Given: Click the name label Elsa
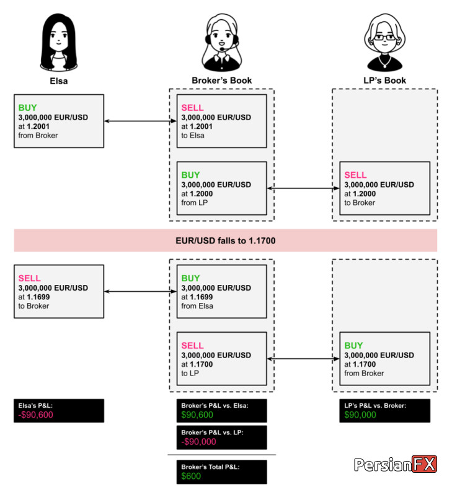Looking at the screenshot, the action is (x=59, y=81).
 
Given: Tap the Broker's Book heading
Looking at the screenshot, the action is (x=221, y=81).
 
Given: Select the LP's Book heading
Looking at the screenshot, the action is (x=385, y=81).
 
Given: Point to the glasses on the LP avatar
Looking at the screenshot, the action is (x=385, y=37).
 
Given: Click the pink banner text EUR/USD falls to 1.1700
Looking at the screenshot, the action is (x=225, y=240).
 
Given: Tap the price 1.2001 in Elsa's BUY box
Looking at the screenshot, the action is (x=38, y=126).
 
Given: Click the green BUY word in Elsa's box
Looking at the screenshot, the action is (x=27, y=108).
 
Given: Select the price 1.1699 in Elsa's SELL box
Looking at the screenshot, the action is (x=38, y=297).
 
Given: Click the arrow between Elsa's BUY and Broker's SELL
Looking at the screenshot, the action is (x=140, y=121).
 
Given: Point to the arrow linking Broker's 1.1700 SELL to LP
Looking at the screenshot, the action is (x=303, y=359).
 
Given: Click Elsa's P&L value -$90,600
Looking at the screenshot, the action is (x=35, y=415).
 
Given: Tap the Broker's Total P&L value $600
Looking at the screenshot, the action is (x=191, y=476).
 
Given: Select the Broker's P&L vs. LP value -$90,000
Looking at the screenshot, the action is (x=198, y=441).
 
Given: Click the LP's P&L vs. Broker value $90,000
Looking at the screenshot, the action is (x=360, y=415).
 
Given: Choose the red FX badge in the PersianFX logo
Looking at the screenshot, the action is (x=424, y=464).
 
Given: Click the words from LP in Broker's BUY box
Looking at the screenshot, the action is (x=194, y=203).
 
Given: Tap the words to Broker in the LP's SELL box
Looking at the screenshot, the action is (x=360, y=203).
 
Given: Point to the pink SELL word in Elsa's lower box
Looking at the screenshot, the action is (x=29, y=278).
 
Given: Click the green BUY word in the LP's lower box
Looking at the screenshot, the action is (x=353, y=346).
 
